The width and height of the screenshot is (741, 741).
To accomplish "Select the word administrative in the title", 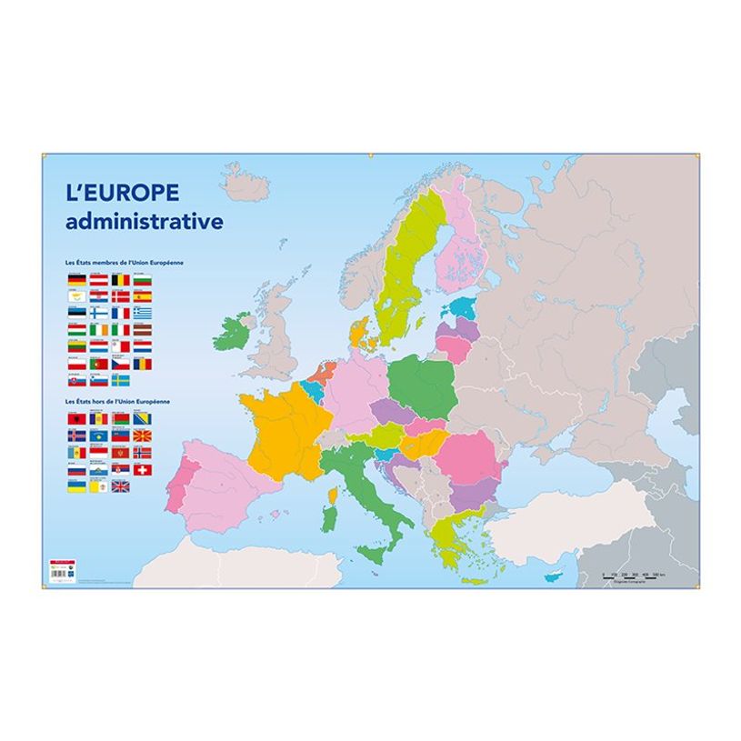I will click(144, 221).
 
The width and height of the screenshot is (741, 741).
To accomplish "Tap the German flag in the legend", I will click(77, 280).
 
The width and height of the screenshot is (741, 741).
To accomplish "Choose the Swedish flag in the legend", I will click(121, 381).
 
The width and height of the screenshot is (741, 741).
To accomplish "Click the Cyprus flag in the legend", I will click(77, 296).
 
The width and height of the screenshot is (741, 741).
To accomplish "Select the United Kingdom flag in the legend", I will click(121, 486).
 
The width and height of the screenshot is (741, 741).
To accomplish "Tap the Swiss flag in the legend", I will click(143, 470).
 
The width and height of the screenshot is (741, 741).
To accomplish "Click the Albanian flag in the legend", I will click(76, 419).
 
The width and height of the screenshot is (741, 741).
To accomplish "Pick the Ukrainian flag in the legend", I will click(76, 486).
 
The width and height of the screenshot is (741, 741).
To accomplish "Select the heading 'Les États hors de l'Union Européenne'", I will click(119, 401).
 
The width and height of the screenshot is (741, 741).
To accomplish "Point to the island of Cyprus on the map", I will click(551, 577).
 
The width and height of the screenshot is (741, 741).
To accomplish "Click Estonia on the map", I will click(460, 308).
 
